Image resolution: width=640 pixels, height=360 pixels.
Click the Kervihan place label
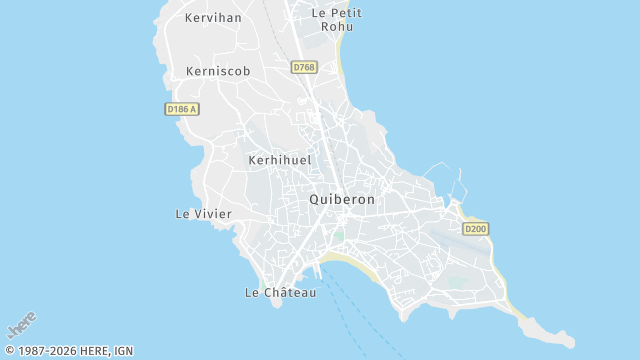pyautogui.click(x=214, y=18)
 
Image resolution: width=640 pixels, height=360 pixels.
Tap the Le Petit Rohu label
pyautogui.click(x=336, y=19)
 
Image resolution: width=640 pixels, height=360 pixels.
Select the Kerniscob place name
pyautogui.click(x=218, y=71)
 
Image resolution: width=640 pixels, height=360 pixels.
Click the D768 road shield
pyautogui.click(x=304, y=67)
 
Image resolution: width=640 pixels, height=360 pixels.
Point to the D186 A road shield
pyautogui.click(x=180, y=108)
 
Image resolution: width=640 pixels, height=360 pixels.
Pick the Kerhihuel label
pyautogui.click(x=279, y=160)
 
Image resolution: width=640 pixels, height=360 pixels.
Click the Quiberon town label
pyautogui.click(x=342, y=199)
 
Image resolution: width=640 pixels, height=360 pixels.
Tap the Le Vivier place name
pyautogui.click(x=203, y=214)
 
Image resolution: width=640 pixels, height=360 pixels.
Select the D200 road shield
pyautogui.click(x=476, y=229)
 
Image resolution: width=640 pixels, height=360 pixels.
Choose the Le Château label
pyautogui.click(x=280, y=293)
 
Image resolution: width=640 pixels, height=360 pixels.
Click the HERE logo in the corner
pyautogui.click(x=22, y=325)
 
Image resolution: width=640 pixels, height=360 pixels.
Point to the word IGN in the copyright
pyautogui.click(x=123, y=351)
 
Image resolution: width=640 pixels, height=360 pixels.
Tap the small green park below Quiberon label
pyautogui.click(x=338, y=236)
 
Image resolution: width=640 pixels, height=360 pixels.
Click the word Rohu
pyautogui.click(x=336, y=26)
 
